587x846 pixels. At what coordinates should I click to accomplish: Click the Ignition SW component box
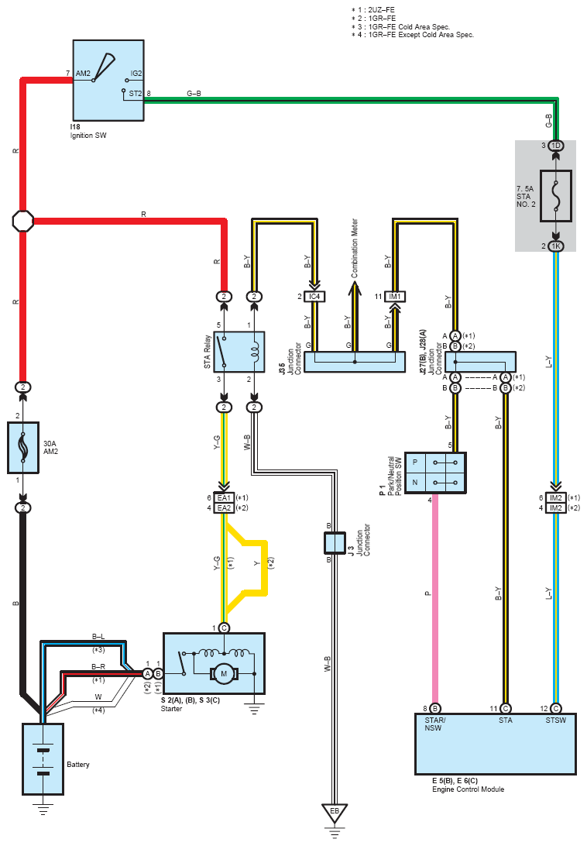point(108,81)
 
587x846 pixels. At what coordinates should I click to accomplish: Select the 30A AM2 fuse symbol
point(23,448)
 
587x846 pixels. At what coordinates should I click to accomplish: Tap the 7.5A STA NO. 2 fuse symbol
point(556,196)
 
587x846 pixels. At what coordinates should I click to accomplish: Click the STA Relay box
point(239,352)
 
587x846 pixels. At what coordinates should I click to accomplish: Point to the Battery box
point(43,759)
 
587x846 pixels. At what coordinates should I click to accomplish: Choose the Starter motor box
point(215,664)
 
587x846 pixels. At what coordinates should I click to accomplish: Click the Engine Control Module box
point(496,744)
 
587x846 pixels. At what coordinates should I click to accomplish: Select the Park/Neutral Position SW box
point(435,473)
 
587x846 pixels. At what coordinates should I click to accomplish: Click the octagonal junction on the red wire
point(23,221)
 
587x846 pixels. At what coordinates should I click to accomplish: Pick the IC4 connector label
point(314,297)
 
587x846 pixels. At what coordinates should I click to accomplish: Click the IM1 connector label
point(395,297)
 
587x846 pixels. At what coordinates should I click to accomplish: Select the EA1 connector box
point(224,497)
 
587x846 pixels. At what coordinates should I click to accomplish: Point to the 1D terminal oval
point(556,146)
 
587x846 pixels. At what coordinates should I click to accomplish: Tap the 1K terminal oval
point(556,246)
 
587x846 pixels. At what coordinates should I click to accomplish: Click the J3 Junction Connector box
point(335,543)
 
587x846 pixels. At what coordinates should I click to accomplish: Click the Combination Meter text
point(355,248)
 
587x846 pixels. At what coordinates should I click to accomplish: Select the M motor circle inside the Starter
point(223,674)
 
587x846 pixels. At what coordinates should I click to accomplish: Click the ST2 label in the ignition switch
point(135,93)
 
